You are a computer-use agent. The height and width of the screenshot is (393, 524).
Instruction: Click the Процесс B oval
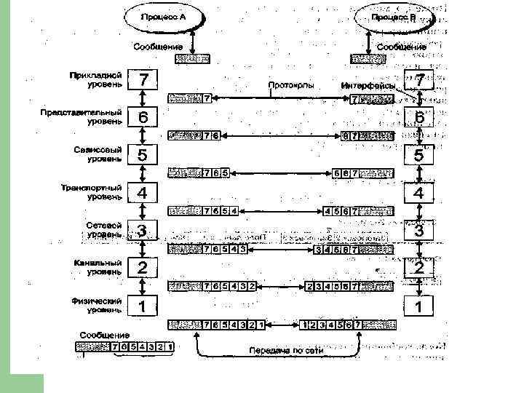coord(393,15)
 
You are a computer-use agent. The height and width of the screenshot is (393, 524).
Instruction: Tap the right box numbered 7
coord(419,79)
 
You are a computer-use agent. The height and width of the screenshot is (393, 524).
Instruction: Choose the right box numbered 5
coord(419,155)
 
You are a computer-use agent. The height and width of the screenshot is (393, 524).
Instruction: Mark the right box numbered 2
coord(419,268)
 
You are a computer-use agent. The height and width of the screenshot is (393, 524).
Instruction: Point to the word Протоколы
coord(291,86)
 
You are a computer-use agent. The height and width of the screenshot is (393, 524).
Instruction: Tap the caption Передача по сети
coord(285,350)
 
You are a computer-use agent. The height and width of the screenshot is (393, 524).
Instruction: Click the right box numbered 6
coord(419,117)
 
